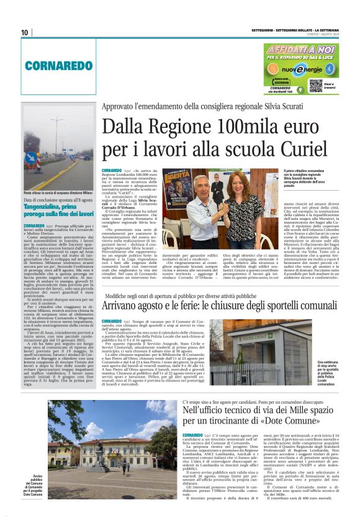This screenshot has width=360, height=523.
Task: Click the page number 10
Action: (x=24, y=32)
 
